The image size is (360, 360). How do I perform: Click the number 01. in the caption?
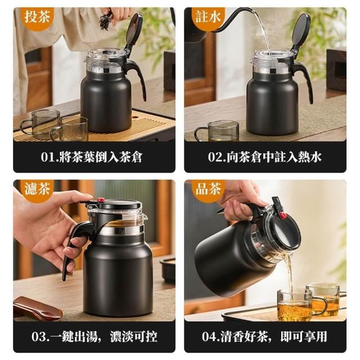[49, 157]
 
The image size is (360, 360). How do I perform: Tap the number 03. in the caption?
[40, 336]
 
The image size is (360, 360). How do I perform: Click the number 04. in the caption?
[211, 336]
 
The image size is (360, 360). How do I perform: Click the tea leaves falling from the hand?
[105, 21]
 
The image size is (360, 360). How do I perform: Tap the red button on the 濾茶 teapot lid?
[100, 200]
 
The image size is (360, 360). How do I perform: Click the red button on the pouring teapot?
[283, 215]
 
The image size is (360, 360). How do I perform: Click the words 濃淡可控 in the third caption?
[134, 336]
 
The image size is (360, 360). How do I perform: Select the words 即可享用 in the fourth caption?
[304, 336]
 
